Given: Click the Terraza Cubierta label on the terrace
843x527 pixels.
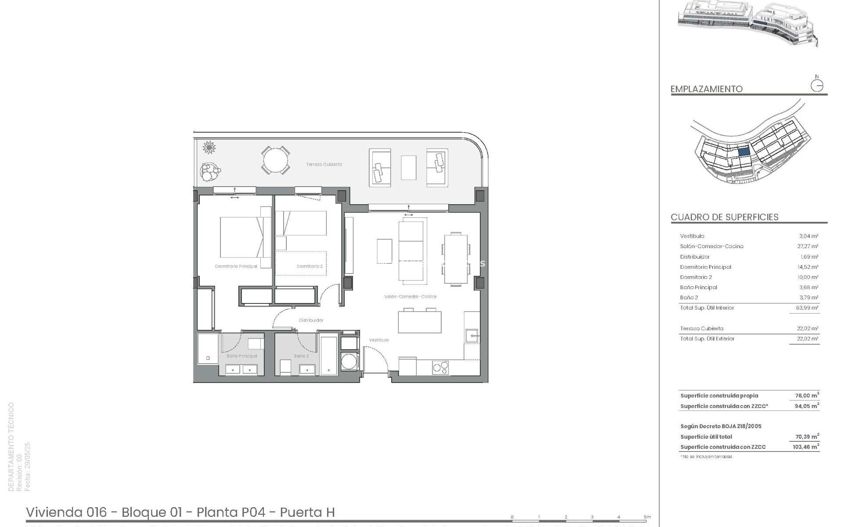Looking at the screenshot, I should point(324,164).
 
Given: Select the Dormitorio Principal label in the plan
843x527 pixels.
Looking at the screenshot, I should point(236,267).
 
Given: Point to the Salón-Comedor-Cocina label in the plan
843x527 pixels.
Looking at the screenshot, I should point(410,297).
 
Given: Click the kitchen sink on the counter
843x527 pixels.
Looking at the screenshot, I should point(472,336).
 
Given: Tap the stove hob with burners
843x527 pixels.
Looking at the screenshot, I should point(440,367).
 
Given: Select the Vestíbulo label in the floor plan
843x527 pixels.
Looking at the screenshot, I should point(378,340).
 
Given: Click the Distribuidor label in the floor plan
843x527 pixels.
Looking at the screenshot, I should point(311,321).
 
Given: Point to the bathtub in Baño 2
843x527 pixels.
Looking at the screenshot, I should point(329,356).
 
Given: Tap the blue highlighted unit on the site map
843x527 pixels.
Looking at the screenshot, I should point(743,152).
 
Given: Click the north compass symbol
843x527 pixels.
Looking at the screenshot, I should point(817,85).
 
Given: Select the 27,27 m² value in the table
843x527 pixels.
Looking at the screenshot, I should point(808,246).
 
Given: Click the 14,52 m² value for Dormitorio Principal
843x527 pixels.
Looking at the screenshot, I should point(808,267).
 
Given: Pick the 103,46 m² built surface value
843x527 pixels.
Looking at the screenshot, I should point(806,447).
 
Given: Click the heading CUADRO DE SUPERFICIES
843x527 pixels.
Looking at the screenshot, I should point(724,217).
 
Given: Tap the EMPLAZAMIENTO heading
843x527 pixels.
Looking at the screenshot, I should point(706,89).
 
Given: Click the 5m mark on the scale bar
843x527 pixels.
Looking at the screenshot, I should point(647,517).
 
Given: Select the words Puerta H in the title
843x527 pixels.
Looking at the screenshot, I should point(307,513).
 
